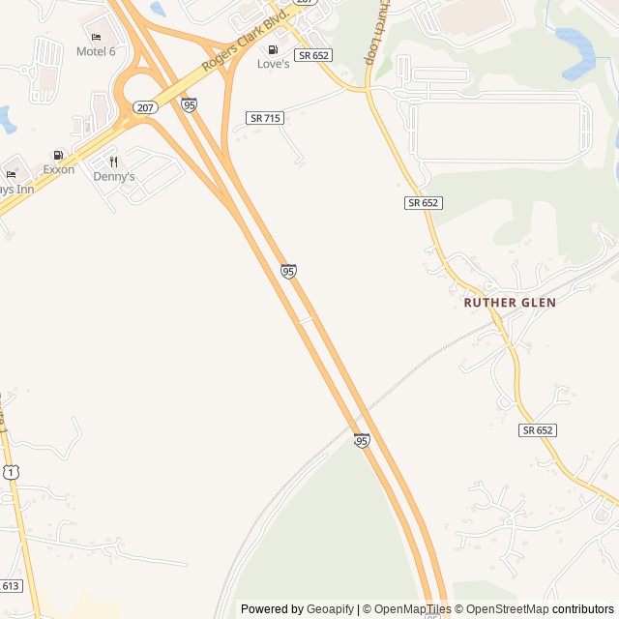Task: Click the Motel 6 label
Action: pos(96,51)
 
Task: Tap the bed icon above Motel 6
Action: pos(96,37)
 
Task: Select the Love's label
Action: pos(273,64)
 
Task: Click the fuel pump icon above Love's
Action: pos(273,49)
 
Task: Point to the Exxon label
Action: pos(58,169)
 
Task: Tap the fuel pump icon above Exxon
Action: pos(58,155)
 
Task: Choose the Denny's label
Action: pos(113,177)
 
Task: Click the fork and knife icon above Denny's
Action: pos(113,162)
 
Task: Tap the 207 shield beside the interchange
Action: pos(145,107)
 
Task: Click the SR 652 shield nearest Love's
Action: pos(314,56)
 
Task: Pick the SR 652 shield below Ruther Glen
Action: pos(538,429)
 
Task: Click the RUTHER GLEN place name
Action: pos(510,303)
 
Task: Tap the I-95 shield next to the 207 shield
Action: pos(189,104)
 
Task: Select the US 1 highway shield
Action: pos(10,471)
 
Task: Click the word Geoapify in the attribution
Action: pos(330,609)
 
